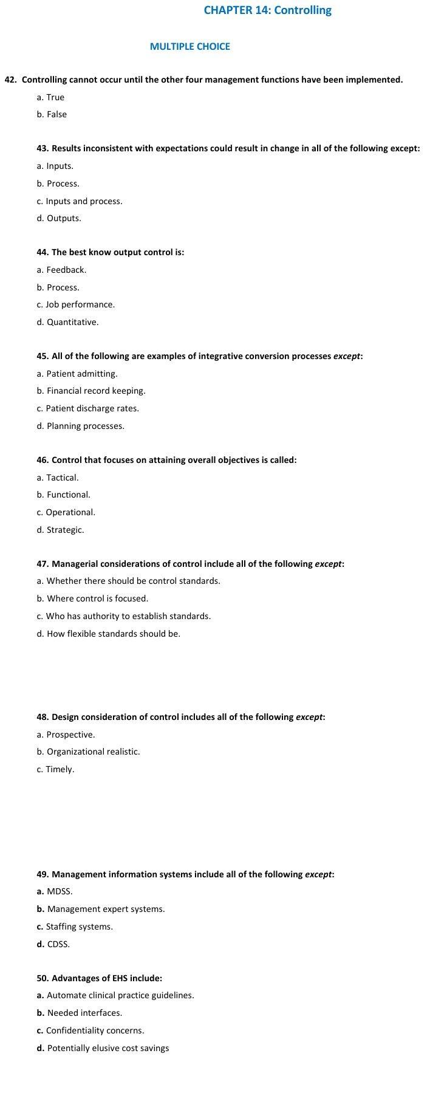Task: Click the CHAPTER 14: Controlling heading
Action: [x=267, y=10]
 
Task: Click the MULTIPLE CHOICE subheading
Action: [x=189, y=46]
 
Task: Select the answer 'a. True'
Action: [x=50, y=97]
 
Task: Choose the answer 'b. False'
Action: [x=52, y=114]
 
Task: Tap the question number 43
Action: [x=43, y=148]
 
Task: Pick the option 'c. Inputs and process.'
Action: [x=80, y=201]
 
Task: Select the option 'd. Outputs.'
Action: [x=59, y=218]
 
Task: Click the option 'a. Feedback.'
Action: [x=61, y=270]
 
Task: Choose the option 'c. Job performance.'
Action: [x=76, y=304]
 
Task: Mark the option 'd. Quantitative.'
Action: [x=67, y=322]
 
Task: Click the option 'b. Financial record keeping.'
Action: [x=91, y=391]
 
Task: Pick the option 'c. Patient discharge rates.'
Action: [x=88, y=408]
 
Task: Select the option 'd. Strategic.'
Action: [x=61, y=530]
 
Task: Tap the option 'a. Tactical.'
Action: [x=58, y=478]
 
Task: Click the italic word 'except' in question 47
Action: [x=328, y=564]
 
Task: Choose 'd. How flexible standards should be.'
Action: [x=109, y=634]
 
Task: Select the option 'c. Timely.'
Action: [x=55, y=769]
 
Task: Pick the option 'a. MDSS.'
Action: [x=55, y=891]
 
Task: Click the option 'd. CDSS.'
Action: [x=53, y=944]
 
